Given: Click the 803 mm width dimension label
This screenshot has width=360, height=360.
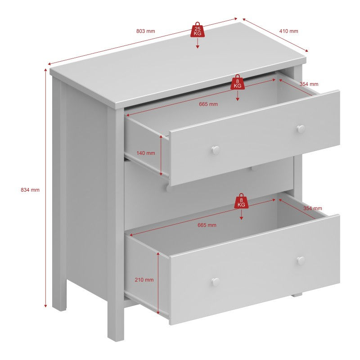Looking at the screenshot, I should point(145,31).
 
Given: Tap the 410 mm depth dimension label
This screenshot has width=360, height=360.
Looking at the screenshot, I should point(288,31).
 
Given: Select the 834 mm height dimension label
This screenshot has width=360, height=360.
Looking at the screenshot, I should point(30,190).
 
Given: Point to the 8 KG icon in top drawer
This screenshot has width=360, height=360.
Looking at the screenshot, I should point(238,82).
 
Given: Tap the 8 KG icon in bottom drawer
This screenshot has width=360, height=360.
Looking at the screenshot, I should point(241,201).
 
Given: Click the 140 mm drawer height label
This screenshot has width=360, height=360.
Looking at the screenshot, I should point(145,153).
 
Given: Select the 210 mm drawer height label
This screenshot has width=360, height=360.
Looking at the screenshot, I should point(144,279).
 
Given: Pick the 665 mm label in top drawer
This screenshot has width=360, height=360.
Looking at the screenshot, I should point(208,104).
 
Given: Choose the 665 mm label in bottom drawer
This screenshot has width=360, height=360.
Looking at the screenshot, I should point(207,225).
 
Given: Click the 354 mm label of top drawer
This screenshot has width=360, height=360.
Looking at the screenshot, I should point(309,84).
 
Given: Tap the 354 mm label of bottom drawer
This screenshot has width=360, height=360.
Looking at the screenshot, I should point(312,208).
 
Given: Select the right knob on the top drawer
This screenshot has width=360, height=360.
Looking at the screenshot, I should point(301,129).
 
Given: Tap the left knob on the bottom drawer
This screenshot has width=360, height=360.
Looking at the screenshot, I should point(216,282).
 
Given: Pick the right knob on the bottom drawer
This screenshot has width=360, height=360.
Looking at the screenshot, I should point(301,260).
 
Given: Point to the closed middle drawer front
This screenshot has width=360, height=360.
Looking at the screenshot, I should point(207,191).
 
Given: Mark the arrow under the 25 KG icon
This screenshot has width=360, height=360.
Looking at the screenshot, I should point(198,44).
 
